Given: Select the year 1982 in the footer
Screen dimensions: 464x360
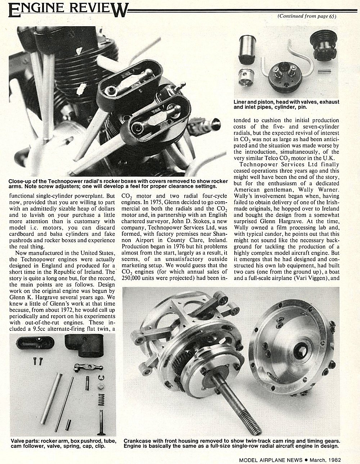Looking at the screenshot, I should click(333, 459).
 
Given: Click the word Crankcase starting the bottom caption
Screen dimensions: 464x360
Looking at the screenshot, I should click(138, 440).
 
